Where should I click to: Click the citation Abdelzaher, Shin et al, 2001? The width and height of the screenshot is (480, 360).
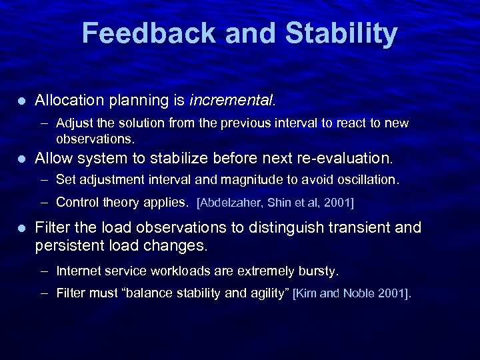coord(275,202)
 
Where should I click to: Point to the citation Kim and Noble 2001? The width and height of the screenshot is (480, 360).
coord(352,293)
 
